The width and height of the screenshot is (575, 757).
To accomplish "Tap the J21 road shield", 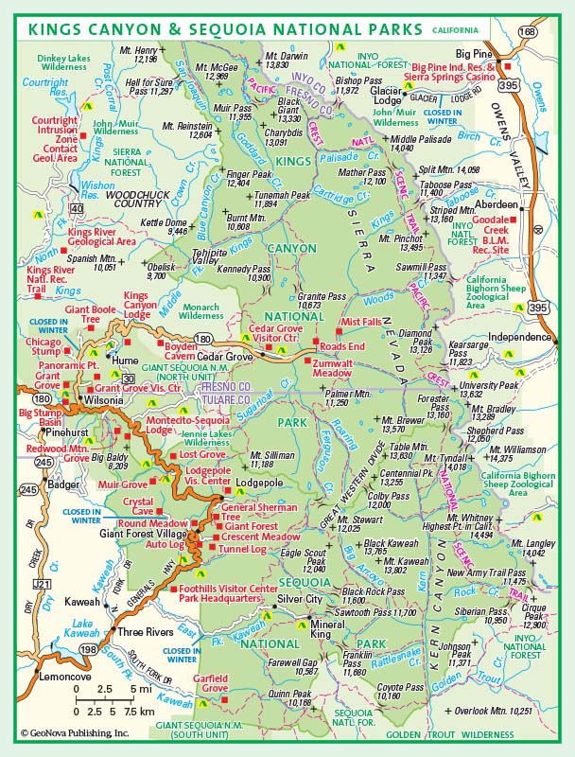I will (41, 584).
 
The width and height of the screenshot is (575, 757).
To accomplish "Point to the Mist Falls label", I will (362, 322).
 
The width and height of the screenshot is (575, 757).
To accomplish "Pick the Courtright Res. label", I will (46, 86).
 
